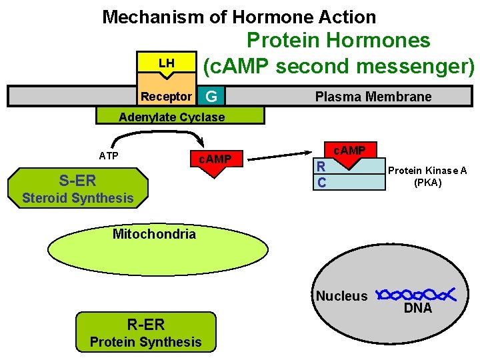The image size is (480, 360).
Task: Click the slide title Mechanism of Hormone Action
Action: [x=239, y=17]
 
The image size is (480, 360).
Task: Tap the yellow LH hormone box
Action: [x=166, y=63]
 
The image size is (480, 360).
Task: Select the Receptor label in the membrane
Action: [x=166, y=97]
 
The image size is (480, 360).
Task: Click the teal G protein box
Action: [x=211, y=97]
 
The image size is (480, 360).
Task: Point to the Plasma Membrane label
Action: [x=373, y=97]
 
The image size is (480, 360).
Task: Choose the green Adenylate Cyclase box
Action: [x=180, y=117]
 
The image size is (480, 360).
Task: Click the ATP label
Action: [x=109, y=156]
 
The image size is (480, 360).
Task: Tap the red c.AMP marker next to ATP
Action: [x=214, y=162]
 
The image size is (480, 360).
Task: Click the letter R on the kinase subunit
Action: [x=321, y=167]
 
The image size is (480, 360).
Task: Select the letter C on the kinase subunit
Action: [x=321, y=182]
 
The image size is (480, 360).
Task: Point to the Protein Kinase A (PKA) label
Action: [x=427, y=176]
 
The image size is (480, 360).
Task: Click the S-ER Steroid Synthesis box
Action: [x=77, y=188]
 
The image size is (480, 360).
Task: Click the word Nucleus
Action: [x=341, y=296]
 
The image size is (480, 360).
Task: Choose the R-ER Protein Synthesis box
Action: [x=145, y=333]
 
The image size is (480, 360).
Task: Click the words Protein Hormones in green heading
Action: [x=338, y=41]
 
